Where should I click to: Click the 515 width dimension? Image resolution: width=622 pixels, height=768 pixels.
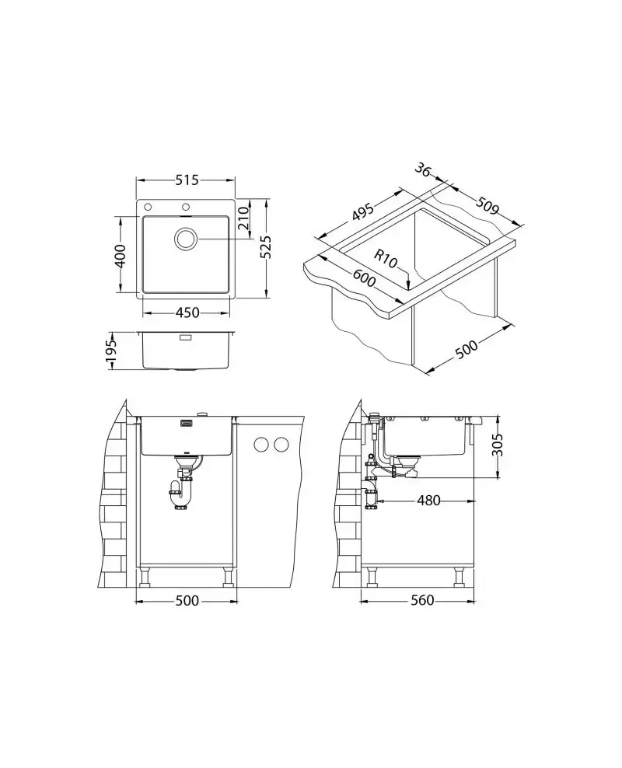(x=187, y=180)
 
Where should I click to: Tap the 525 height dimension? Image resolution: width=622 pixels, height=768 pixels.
(x=265, y=248)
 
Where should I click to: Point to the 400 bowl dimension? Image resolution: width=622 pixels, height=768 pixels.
(x=120, y=255)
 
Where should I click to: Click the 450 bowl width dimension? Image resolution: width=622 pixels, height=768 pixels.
(x=187, y=312)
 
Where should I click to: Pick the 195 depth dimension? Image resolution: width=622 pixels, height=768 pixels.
(x=112, y=351)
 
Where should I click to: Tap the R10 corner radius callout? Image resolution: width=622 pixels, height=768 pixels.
(x=386, y=258)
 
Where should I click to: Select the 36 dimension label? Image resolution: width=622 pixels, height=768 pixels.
(x=423, y=169)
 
